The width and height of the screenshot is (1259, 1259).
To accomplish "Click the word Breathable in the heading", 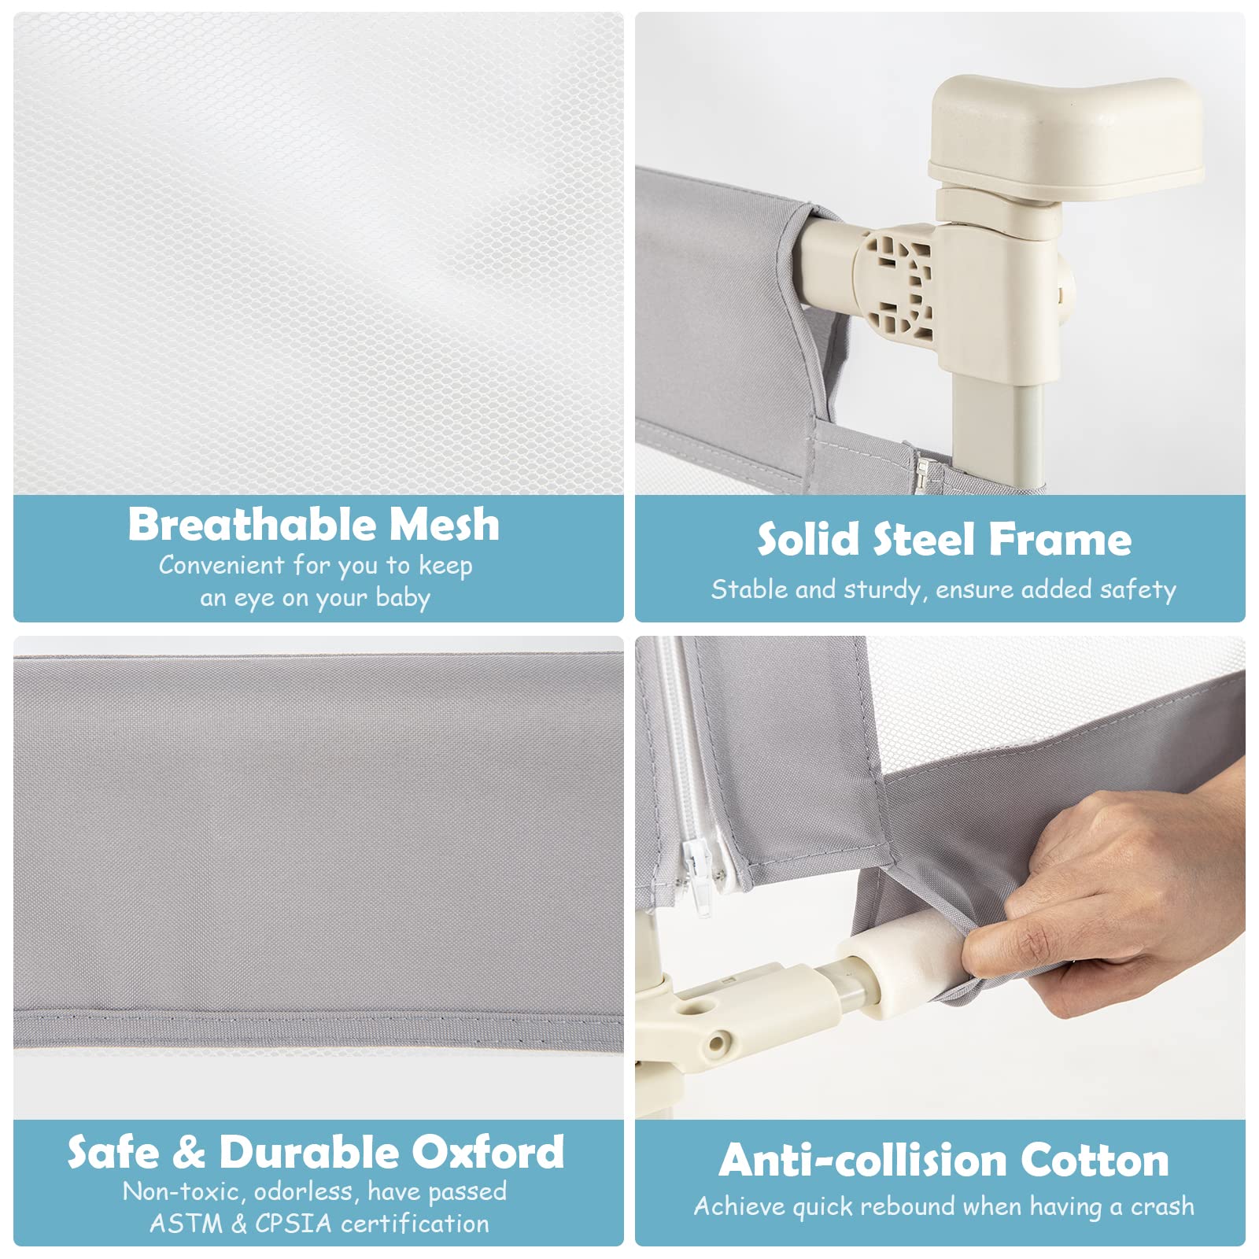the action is [253, 524].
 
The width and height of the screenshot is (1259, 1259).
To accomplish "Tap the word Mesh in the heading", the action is [445, 524].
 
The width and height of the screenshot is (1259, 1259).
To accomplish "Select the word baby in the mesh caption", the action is [402, 599].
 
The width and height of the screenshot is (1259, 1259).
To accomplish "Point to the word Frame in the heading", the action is [1060, 540].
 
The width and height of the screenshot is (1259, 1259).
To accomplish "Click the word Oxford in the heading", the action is [488, 1153].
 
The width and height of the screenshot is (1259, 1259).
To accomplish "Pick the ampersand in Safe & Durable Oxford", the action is [189, 1154].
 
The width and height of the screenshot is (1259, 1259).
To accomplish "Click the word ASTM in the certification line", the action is [185, 1224].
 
